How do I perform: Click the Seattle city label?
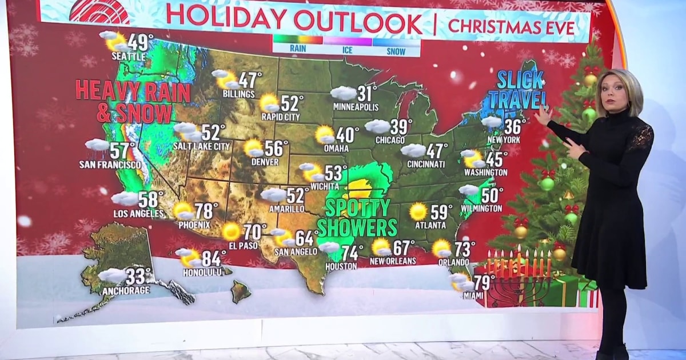[129, 57]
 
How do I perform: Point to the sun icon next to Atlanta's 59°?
[418, 211]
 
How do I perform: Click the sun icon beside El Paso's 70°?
[231, 231]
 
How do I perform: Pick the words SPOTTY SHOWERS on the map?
[357, 217]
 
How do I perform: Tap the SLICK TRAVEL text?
[520, 89]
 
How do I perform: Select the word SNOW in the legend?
[396, 51]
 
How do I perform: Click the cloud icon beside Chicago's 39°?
[377, 126]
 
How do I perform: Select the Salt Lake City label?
[201, 146]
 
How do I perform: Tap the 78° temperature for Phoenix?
[206, 211]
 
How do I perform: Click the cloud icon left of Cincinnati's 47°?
[413, 150]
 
